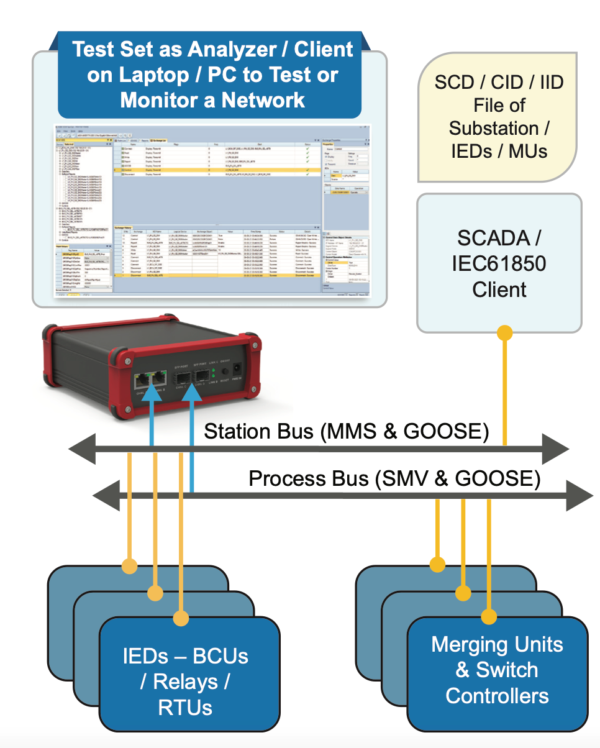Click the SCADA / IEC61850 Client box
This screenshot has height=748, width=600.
pos(499,263)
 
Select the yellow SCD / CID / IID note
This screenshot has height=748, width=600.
pos(497,117)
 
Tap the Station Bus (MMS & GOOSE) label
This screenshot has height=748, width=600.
pos(346,431)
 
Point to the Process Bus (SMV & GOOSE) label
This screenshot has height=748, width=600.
pos(394,479)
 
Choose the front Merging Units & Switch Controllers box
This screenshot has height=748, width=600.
pos(497,670)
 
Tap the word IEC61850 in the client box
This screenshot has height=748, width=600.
pos(499,263)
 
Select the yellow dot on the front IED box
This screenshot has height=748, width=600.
pos(181,618)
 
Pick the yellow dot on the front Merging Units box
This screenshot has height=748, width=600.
pos(489,616)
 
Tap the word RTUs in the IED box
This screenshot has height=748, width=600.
pos(185,707)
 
